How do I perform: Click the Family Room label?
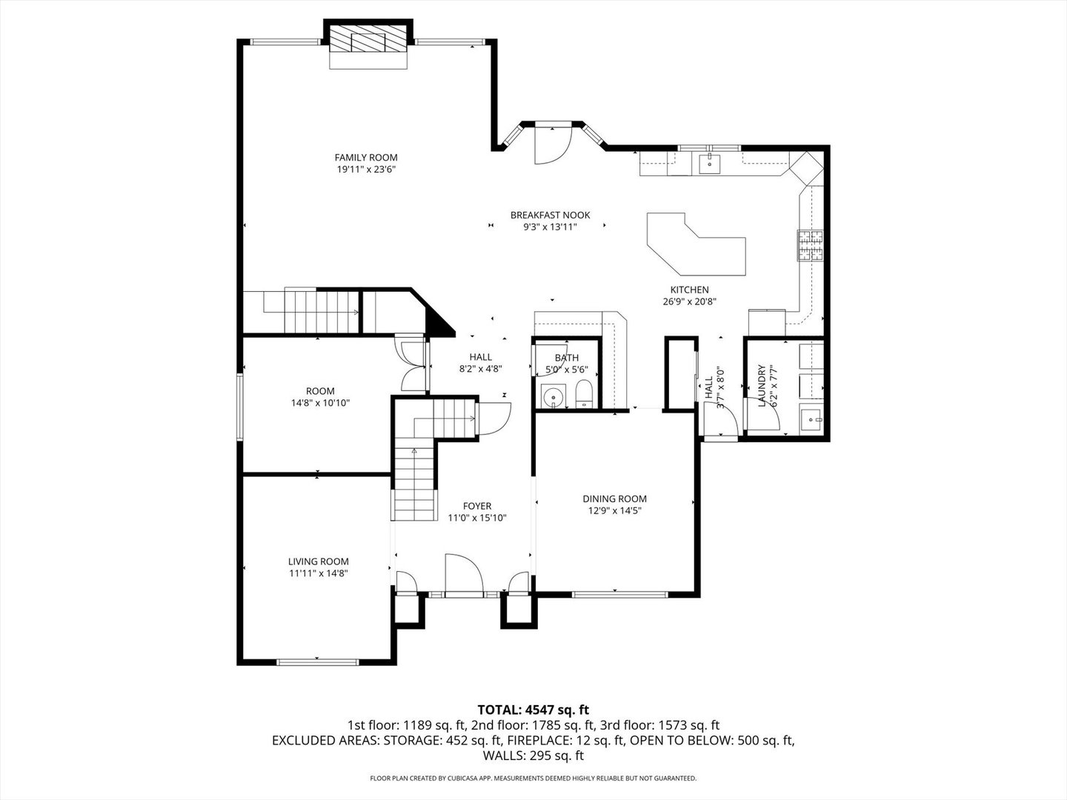[x=365, y=157]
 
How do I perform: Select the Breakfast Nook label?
[x=550, y=215]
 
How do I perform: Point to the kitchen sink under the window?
[x=710, y=163]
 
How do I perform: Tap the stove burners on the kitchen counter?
[x=811, y=247]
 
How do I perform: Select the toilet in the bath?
[x=584, y=394]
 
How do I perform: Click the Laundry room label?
[x=760, y=385]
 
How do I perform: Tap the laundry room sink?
[x=811, y=419]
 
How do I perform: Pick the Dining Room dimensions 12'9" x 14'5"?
[x=614, y=510]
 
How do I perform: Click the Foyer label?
[x=477, y=507]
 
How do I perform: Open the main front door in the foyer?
[x=463, y=575]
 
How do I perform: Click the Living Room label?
[x=318, y=561]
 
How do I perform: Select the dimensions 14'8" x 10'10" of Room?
[x=320, y=403]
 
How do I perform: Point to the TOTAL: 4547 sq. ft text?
[x=533, y=710]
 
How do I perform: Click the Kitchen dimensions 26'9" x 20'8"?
[x=689, y=301]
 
